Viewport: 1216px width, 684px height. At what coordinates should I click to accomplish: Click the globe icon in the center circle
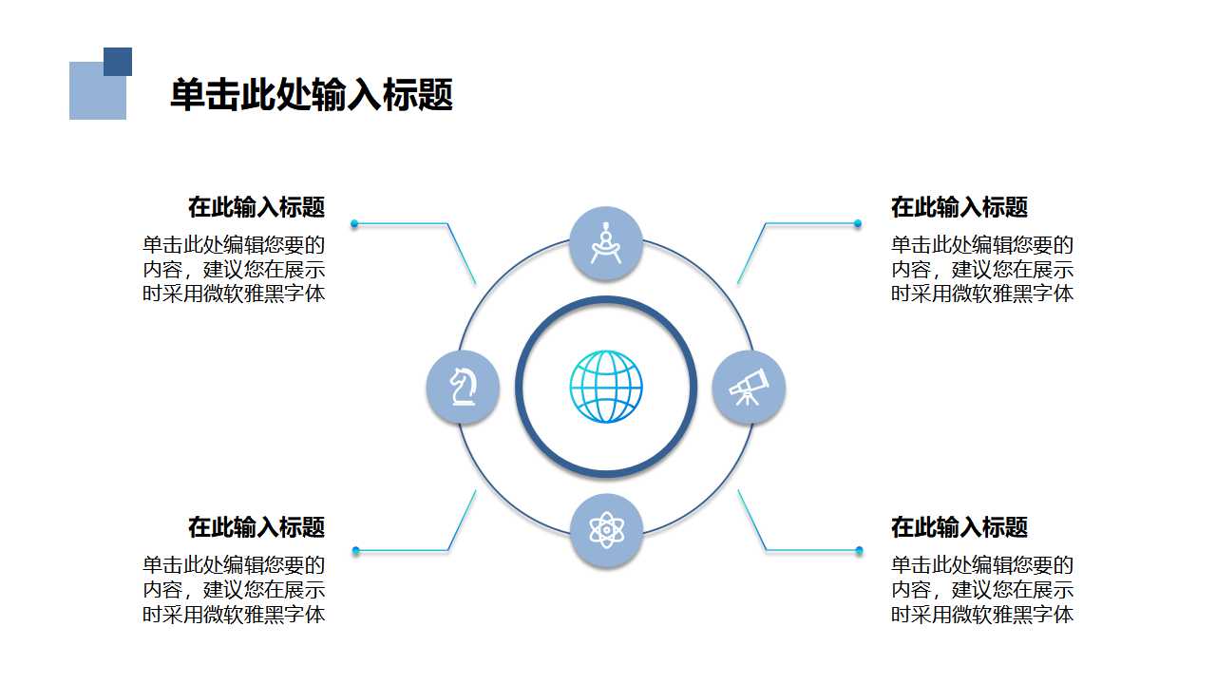coord(606,387)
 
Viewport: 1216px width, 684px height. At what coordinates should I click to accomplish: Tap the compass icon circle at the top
coord(606,243)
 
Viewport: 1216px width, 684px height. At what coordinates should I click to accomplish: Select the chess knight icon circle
coord(463,387)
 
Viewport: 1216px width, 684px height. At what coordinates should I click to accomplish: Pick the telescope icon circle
coord(749,387)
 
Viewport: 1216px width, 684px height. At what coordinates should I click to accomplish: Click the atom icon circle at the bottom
coord(606,530)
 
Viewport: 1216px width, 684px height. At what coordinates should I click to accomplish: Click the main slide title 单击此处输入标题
coord(311,95)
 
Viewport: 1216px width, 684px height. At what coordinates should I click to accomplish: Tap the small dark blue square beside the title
coord(118,62)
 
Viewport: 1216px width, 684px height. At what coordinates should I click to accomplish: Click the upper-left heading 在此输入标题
coord(256,207)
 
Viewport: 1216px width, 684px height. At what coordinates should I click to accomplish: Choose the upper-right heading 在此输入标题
coord(959,207)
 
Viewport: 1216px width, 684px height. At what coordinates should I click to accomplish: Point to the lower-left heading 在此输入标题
coord(256,527)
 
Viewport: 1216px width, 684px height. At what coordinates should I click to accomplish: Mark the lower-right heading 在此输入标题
coord(959,527)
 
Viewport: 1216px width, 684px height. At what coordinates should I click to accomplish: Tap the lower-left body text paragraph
coord(234,590)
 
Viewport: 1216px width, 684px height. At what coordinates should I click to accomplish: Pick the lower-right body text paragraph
coord(982,590)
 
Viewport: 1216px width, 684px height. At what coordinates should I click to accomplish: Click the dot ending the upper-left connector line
coord(354,224)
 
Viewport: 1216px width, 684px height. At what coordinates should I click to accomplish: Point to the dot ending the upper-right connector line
coord(858,224)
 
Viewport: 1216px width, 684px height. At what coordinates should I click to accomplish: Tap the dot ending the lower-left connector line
coord(355,551)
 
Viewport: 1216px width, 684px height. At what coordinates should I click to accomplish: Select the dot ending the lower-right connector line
coord(859,551)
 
